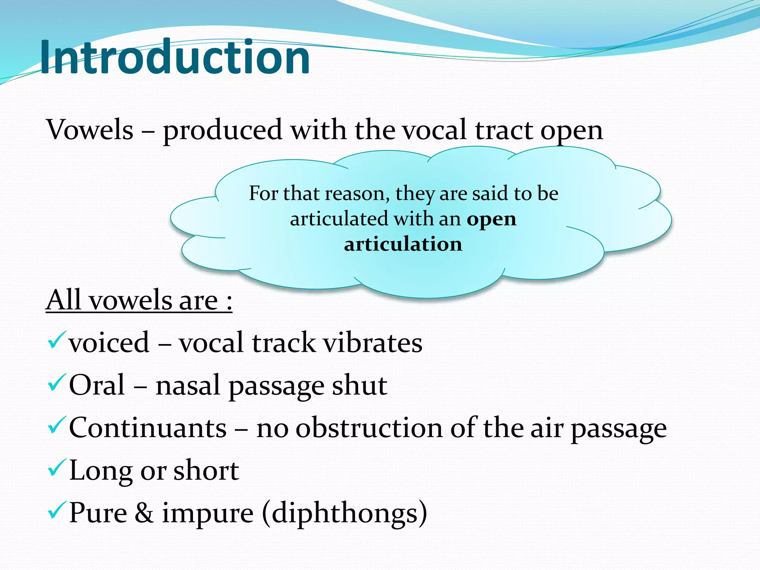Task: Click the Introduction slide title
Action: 174,58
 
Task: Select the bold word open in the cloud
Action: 491,219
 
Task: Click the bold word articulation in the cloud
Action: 403,244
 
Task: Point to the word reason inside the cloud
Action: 357,194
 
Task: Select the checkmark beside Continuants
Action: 57,425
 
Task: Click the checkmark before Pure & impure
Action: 57,510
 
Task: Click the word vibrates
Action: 373,343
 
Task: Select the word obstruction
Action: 369,428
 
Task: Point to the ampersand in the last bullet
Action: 144,513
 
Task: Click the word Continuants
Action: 148,428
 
